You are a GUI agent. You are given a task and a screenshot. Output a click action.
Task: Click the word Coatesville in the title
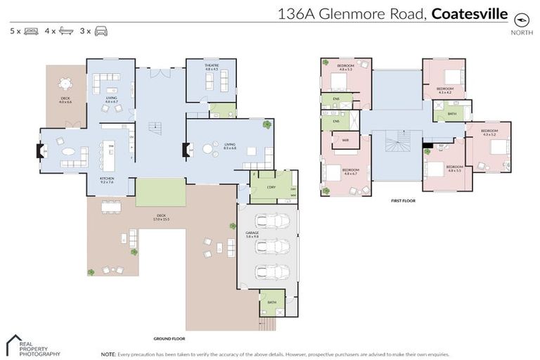469,13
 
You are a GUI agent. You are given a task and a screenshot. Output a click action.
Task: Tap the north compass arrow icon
521,19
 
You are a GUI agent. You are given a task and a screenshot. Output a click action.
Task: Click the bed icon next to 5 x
31,31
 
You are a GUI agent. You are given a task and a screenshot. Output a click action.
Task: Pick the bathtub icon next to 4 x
66,31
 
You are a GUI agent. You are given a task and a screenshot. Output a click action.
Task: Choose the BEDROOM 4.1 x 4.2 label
446,90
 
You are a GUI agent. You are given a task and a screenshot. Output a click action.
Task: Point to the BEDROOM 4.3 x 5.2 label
489,131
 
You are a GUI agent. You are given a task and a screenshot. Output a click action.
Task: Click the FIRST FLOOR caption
404,200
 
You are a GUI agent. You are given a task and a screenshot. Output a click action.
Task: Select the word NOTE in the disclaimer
108,354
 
